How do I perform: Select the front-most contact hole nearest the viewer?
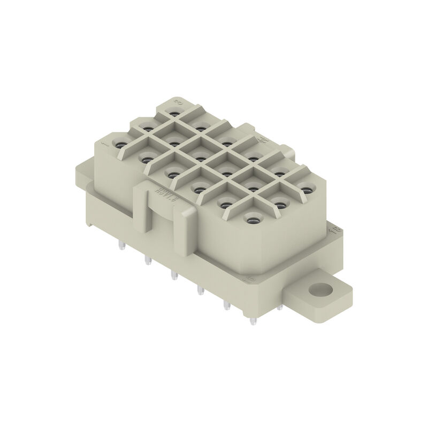(x=250, y=218)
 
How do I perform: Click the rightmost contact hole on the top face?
(x=305, y=188)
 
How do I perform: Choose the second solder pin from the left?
(x=146, y=261)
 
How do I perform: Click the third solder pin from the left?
(x=173, y=275)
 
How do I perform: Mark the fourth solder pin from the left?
(x=200, y=291)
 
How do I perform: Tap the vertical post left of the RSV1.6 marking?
(x=141, y=209)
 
